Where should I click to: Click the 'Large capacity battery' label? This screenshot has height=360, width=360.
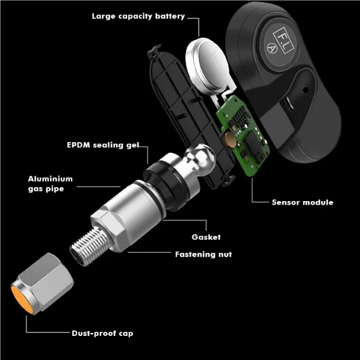(138, 16)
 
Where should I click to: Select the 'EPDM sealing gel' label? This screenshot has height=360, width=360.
(103, 145)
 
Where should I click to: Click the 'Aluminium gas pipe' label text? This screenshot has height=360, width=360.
(50, 184)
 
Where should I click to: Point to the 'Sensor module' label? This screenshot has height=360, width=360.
(302, 202)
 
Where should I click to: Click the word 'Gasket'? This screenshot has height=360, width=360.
(206, 237)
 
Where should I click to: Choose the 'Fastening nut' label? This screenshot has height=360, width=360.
(203, 254)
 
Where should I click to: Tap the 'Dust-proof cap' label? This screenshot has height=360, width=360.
(102, 332)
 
